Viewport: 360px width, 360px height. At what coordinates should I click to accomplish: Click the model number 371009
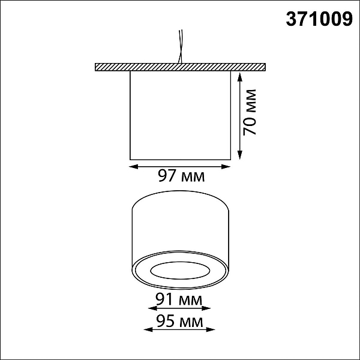(x=319, y=19)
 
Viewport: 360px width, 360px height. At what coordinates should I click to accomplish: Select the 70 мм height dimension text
(x=250, y=112)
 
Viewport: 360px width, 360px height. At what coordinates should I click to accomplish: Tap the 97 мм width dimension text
(x=181, y=176)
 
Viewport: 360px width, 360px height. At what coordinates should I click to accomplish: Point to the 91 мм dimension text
(x=179, y=299)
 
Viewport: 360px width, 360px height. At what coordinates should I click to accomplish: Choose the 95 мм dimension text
(x=180, y=321)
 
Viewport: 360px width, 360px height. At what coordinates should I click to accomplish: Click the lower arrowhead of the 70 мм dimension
(x=240, y=155)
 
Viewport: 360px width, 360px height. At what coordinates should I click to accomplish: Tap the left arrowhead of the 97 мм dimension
(x=134, y=167)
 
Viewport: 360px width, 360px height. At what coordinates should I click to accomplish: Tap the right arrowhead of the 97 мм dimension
(x=226, y=167)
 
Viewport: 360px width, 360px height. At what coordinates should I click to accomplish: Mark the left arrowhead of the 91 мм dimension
(x=152, y=308)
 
